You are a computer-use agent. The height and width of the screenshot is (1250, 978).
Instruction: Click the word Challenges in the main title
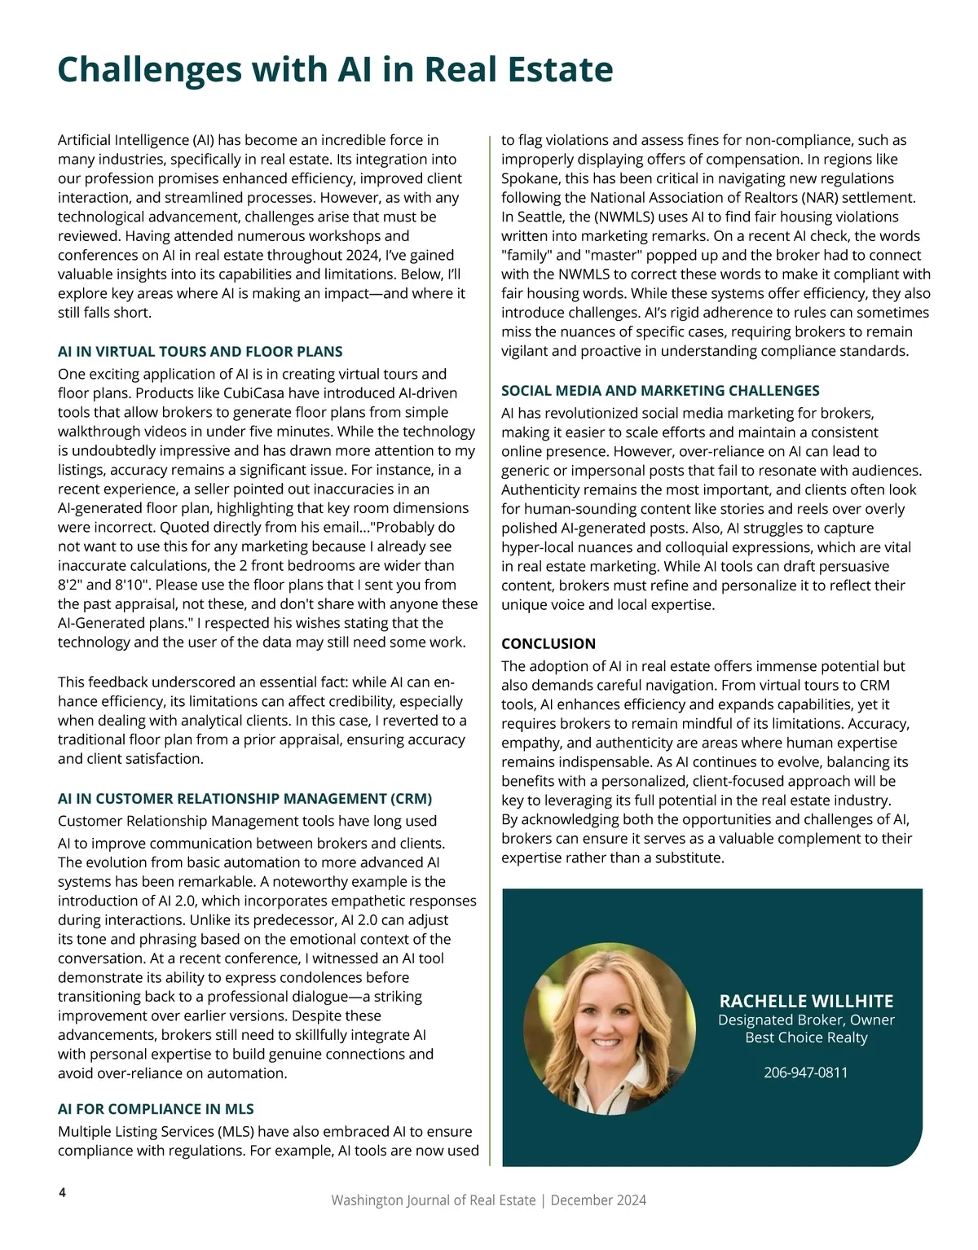150,71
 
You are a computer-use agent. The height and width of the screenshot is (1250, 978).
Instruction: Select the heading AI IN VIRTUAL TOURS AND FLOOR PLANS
200,352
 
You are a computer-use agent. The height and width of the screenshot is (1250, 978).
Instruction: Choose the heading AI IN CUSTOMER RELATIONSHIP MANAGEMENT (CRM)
244,799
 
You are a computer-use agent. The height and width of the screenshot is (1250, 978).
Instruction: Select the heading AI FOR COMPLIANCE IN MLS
156,1109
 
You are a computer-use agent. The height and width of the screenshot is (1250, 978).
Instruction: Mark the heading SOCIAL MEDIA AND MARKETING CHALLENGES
660,391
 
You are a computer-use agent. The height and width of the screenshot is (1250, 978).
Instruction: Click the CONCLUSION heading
548,643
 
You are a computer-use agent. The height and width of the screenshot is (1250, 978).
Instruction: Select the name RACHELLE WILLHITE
806,1002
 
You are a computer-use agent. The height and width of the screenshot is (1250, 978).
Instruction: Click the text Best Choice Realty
806,1037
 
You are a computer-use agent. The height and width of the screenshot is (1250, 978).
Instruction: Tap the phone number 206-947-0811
805,1072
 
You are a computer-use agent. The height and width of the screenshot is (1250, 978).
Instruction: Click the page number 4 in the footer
62,1193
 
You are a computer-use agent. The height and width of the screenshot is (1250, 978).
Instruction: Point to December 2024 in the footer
598,1200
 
